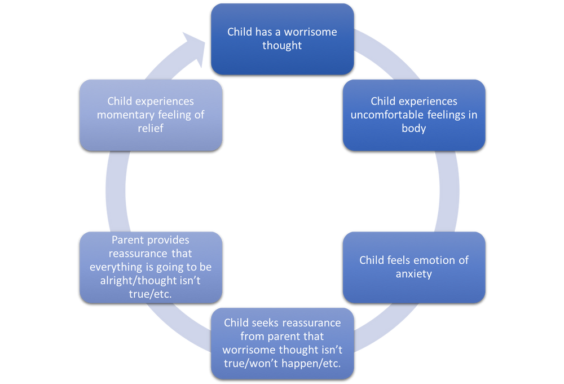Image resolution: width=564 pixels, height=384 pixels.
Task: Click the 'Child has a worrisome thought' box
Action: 282,38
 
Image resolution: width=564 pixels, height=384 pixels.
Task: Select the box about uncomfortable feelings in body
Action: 414,115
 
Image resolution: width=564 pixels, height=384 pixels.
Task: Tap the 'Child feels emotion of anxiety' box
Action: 414,267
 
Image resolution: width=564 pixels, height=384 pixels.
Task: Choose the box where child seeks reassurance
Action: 282,343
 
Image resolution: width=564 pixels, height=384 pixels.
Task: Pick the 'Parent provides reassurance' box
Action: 151,267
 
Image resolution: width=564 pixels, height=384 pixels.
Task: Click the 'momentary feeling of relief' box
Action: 151,115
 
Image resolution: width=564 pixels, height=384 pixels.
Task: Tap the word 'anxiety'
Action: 414,274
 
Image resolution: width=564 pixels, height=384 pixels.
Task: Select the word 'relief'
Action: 151,128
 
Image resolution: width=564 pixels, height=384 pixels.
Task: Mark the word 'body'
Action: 414,128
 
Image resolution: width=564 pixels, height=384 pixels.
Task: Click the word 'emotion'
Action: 430,260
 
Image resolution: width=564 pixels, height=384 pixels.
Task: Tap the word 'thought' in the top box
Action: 282,45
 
